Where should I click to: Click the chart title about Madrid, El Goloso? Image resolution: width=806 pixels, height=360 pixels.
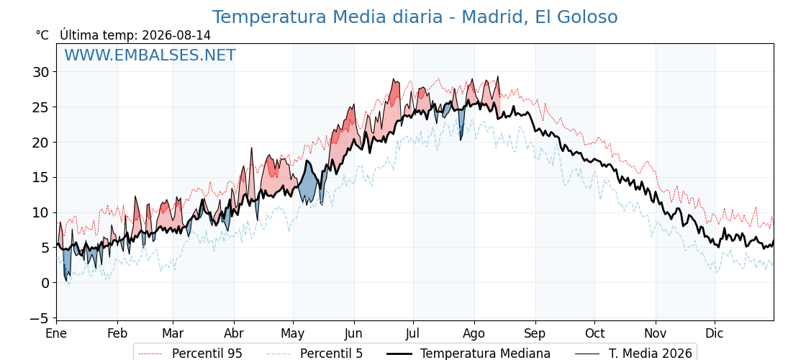click(x=415, y=17)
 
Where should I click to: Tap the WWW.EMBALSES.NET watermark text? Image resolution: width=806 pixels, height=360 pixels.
click(x=150, y=55)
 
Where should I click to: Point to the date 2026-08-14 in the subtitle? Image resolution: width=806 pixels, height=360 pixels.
click(x=176, y=35)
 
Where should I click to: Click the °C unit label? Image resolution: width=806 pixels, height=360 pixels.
click(x=42, y=35)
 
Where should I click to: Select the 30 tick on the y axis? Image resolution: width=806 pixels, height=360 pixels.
click(x=42, y=72)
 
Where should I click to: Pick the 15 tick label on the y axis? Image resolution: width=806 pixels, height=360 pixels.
click(x=42, y=177)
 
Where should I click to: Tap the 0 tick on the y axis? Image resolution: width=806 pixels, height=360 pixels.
click(x=46, y=283)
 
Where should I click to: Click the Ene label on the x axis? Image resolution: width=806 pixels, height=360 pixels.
click(x=56, y=333)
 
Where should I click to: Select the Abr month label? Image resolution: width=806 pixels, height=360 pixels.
click(x=234, y=333)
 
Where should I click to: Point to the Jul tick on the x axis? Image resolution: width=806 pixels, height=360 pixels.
click(x=413, y=333)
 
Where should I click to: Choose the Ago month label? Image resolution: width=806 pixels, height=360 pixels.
click(x=474, y=333)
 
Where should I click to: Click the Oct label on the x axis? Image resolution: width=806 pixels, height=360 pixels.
click(x=594, y=333)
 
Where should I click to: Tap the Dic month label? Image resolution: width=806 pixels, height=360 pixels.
click(x=715, y=333)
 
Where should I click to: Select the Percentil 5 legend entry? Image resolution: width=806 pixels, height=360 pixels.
click(x=315, y=354)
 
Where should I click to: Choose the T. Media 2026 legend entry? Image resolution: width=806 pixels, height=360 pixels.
click(x=634, y=354)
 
